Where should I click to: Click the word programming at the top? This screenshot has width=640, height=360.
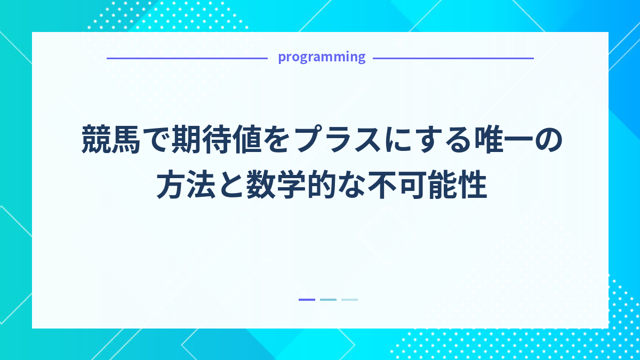[322, 57]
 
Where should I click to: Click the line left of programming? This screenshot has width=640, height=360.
[187, 58]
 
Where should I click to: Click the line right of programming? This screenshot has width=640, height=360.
[453, 58]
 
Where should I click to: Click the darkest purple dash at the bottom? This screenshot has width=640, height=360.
[307, 300]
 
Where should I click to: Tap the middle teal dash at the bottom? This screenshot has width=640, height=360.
[328, 300]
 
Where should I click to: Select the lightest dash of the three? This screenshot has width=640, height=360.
[349, 300]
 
